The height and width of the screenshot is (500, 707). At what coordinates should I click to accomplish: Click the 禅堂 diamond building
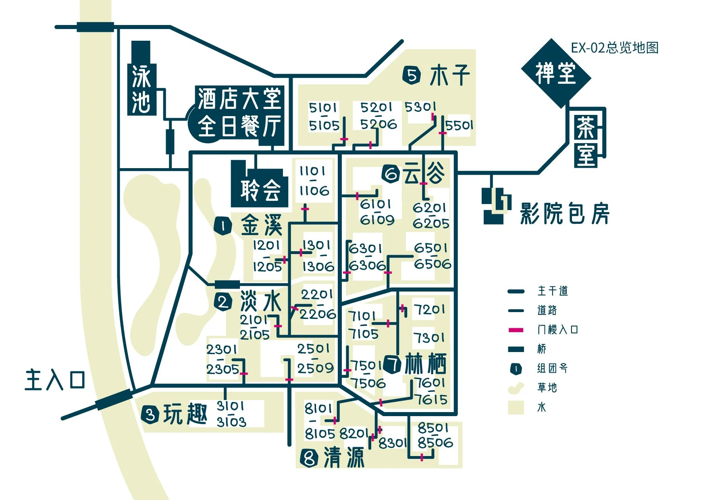click(556, 73)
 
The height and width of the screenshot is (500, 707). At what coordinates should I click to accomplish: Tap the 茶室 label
click(586, 141)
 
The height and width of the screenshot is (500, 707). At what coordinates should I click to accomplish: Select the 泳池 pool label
click(141, 90)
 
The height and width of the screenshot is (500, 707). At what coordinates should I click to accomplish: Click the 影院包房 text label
click(564, 214)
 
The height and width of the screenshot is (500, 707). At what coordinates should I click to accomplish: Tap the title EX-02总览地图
click(614, 48)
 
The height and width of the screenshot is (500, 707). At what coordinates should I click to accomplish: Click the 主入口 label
click(55, 380)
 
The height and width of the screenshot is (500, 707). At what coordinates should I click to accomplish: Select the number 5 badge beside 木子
click(412, 75)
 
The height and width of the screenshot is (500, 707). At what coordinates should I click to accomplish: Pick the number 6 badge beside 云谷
click(391, 174)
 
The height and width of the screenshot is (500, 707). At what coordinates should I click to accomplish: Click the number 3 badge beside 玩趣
click(150, 415)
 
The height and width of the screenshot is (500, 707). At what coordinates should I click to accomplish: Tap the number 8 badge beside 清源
click(309, 458)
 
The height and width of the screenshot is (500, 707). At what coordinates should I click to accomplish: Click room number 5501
click(459, 125)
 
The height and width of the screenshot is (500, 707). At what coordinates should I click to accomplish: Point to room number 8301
click(393, 443)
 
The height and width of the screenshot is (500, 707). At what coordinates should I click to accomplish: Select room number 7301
click(429, 337)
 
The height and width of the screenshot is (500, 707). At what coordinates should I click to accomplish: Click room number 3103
click(231, 422)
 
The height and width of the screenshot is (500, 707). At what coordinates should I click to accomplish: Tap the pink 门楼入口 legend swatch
click(516, 330)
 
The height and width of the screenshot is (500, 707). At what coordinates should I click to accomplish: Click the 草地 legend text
click(547, 388)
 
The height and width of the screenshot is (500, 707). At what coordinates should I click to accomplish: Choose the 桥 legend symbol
click(516, 349)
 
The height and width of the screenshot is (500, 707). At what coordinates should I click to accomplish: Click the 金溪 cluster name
click(261, 225)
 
